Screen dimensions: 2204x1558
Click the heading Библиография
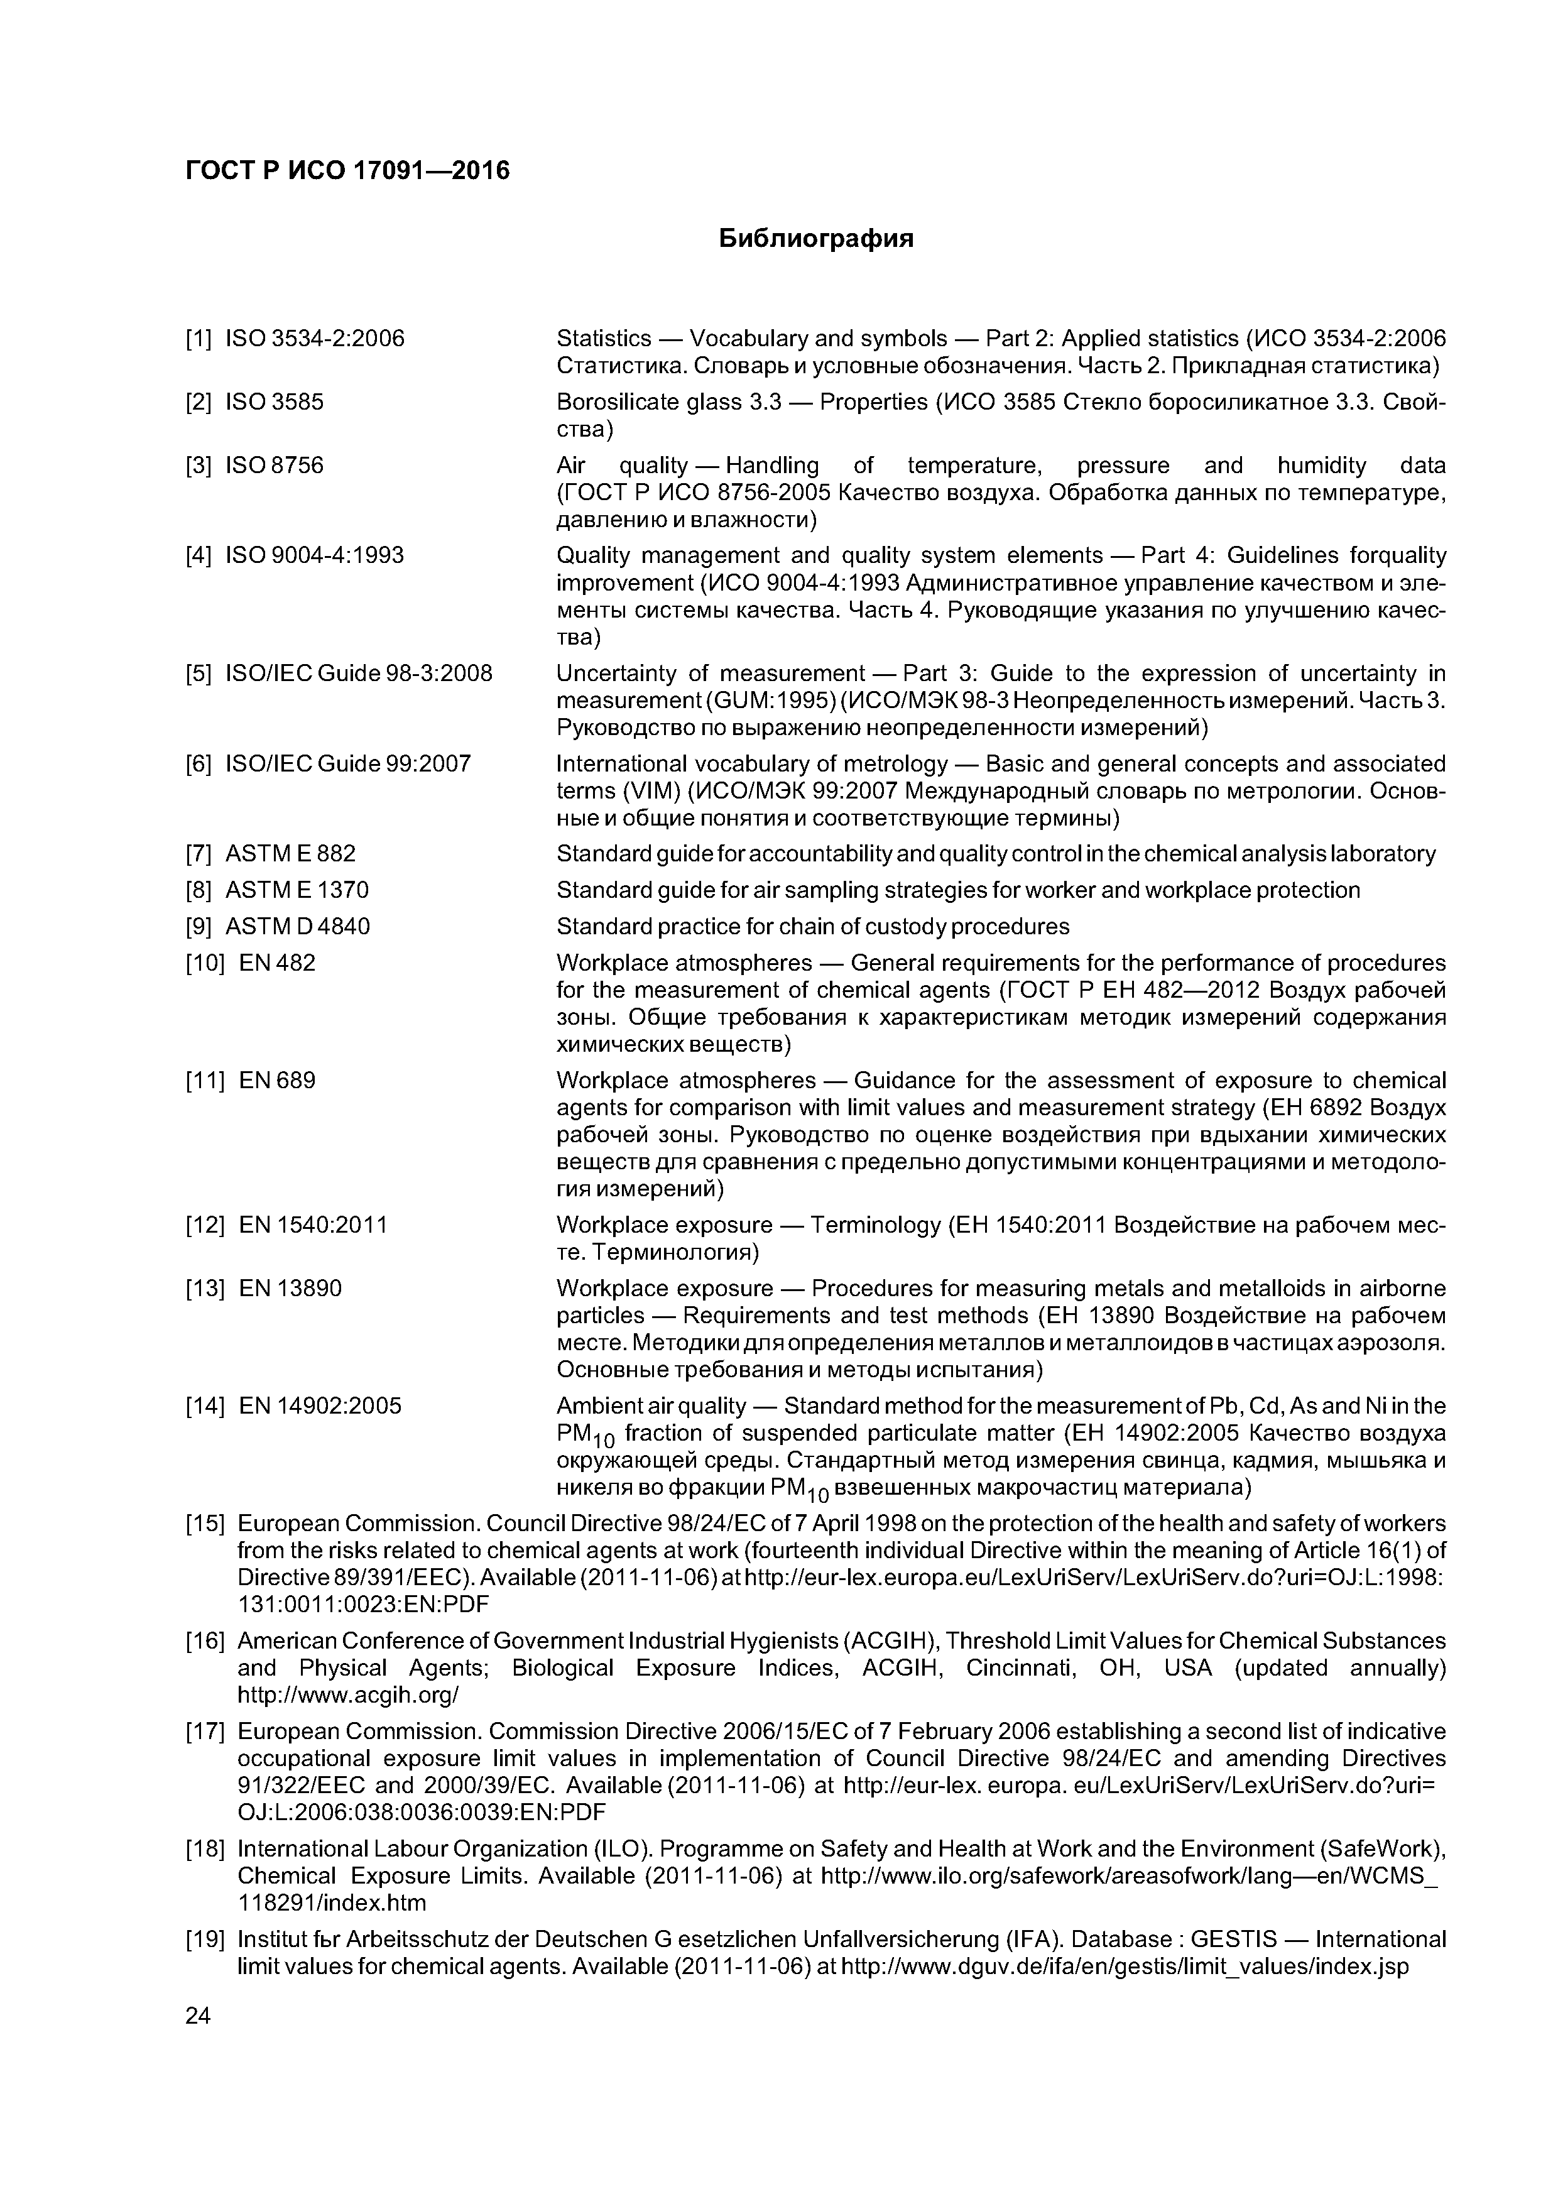tap(816, 239)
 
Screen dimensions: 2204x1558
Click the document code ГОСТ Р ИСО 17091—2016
tap(347, 171)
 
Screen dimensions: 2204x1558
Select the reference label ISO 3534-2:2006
tap(314, 339)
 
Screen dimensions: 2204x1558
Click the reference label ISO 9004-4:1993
tap(314, 556)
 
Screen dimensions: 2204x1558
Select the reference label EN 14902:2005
tap(320, 1406)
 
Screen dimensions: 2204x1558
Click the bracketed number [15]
tap(204, 1524)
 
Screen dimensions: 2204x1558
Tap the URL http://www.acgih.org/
tap(349, 1695)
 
